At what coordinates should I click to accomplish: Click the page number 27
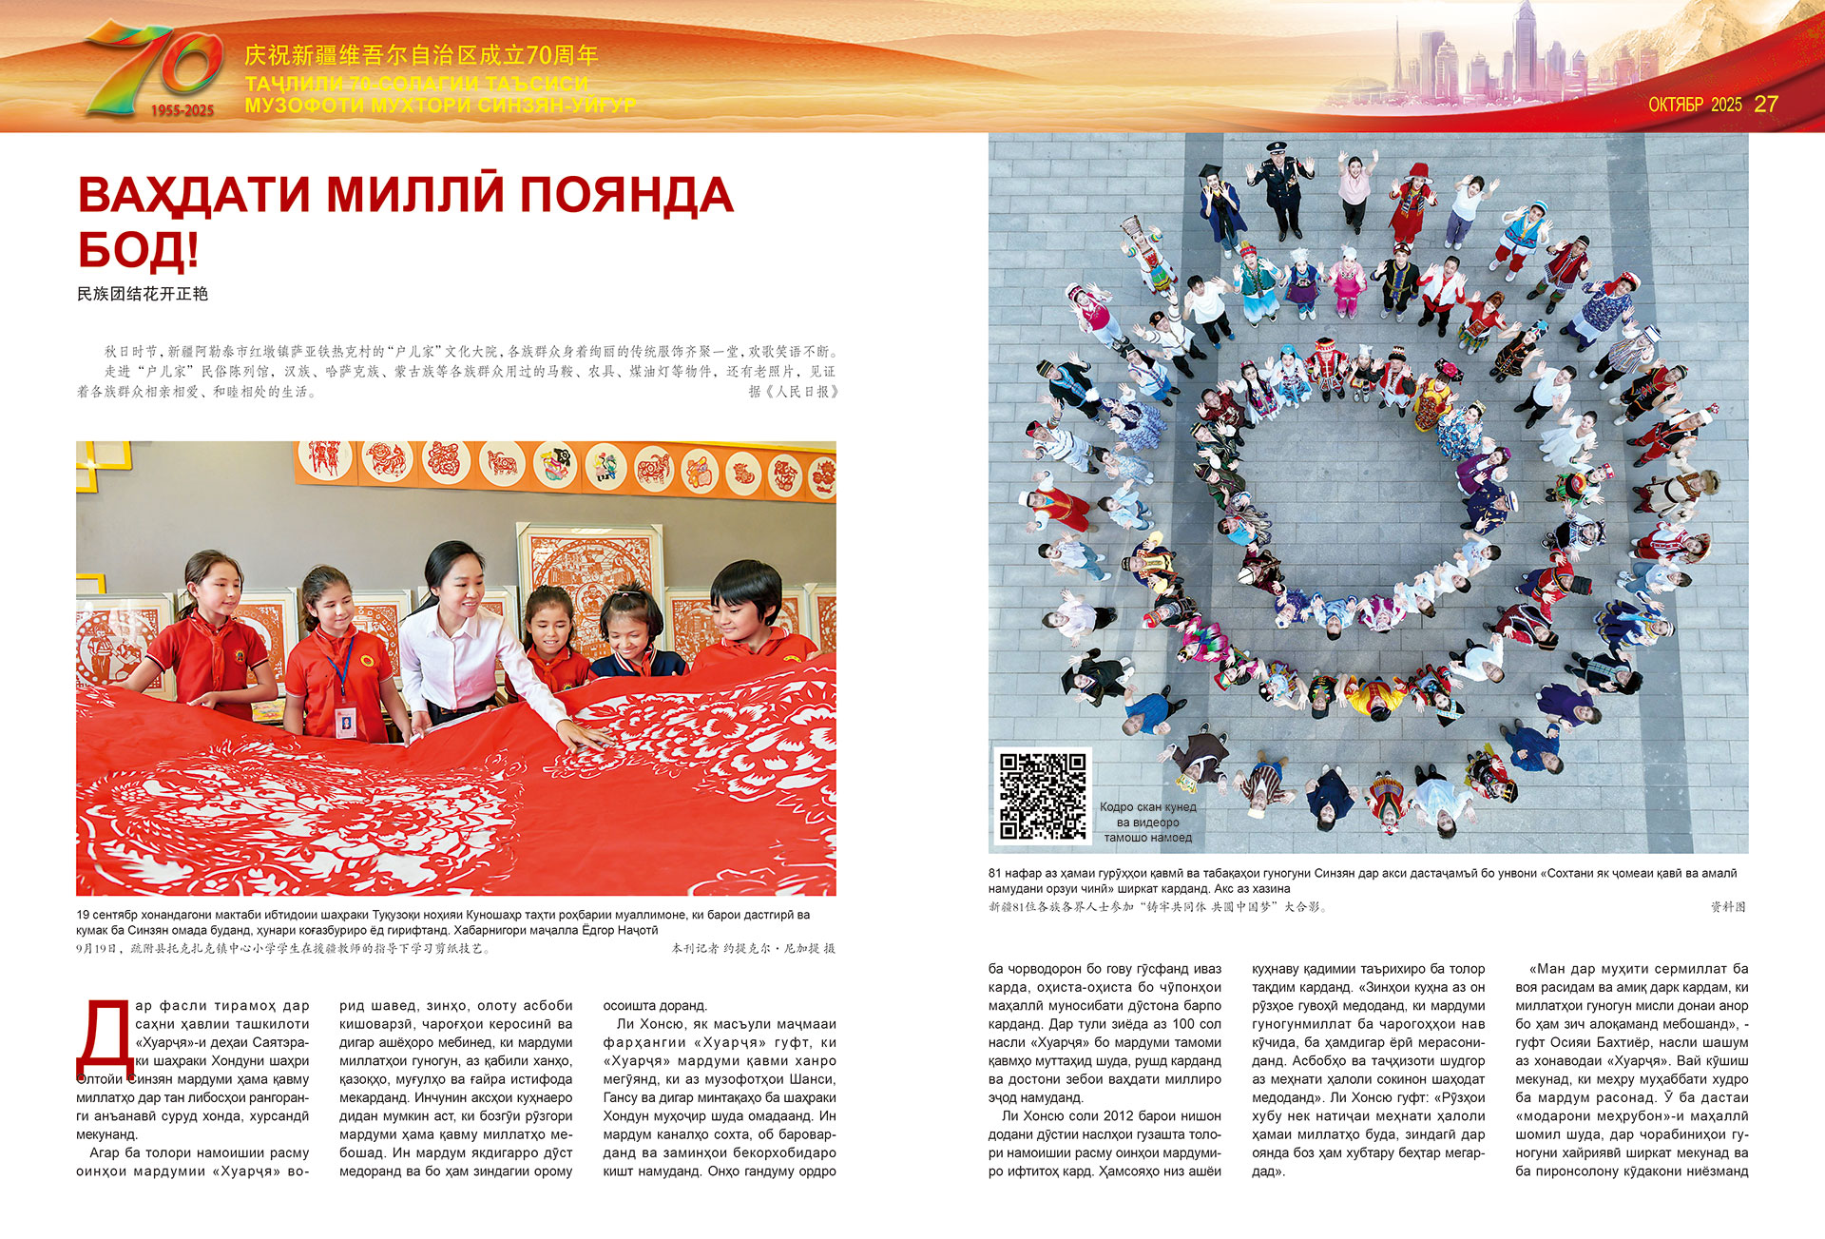tap(1765, 105)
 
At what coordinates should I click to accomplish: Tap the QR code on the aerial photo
tap(1042, 797)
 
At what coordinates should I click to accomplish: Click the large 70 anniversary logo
tap(152, 68)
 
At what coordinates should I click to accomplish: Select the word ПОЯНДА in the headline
tap(625, 195)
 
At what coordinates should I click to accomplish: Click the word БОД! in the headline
tap(138, 249)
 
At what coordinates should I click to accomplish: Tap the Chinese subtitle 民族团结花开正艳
tap(143, 294)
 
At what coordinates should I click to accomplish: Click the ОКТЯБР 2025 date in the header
tap(1695, 105)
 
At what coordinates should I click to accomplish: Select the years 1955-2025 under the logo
tap(182, 110)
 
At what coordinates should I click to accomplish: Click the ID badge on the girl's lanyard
tap(344, 722)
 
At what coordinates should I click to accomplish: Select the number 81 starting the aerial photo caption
tap(995, 873)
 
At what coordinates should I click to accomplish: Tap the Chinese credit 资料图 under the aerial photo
tap(1728, 907)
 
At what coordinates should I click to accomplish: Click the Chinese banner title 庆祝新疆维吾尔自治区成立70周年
tap(421, 55)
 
